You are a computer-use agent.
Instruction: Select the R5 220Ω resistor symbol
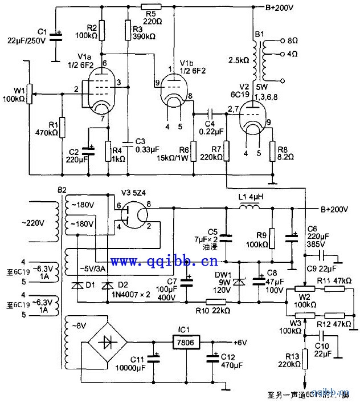coord(151,7)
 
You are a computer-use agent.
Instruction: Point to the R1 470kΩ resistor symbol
coord(62,126)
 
